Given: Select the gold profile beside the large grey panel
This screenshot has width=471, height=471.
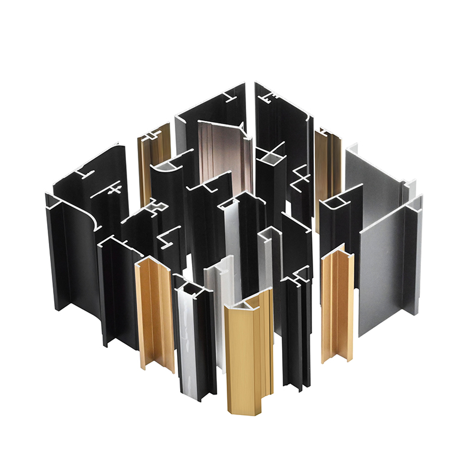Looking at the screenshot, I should point(337,306).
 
